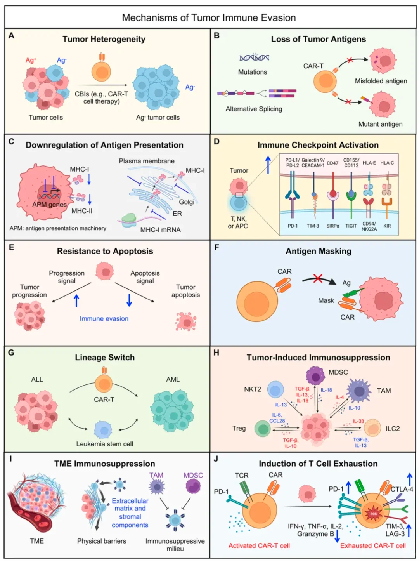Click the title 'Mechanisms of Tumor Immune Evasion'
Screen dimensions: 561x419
click(209, 18)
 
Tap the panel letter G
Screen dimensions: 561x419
click(11, 353)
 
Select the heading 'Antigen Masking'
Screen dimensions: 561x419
click(318, 251)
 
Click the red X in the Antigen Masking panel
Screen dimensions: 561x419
click(318, 278)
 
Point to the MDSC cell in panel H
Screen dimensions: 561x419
click(315, 375)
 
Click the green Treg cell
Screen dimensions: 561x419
click(263, 429)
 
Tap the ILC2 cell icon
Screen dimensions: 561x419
click(372, 428)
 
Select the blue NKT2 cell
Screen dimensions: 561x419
click(276, 390)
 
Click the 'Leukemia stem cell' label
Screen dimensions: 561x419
click(104, 444)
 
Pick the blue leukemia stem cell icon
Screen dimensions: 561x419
click(103, 430)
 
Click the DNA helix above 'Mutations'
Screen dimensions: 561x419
click(254, 58)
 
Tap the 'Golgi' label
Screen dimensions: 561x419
click(187, 202)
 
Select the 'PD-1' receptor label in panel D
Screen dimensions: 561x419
click(293, 226)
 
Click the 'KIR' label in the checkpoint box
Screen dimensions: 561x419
click(387, 226)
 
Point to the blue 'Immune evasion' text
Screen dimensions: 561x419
click(104, 318)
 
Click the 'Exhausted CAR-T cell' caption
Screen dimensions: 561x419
click(373, 545)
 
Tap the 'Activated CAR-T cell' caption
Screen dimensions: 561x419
click(259, 545)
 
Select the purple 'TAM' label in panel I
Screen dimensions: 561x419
click(156, 475)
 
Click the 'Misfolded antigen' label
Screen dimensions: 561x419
click(381, 81)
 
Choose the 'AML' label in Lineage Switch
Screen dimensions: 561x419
click(173, 379)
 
